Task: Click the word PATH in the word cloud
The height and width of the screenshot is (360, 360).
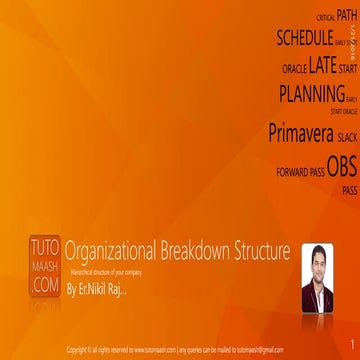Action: (347, 15)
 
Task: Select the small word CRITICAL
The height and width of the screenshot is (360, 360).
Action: (325, 18)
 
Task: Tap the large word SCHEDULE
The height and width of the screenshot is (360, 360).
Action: (304, 39)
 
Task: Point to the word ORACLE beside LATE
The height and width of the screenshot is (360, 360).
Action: (295, 70)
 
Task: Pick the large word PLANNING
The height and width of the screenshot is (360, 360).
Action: (311, 95)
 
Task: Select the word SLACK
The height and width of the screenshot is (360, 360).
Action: (347, 137)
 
